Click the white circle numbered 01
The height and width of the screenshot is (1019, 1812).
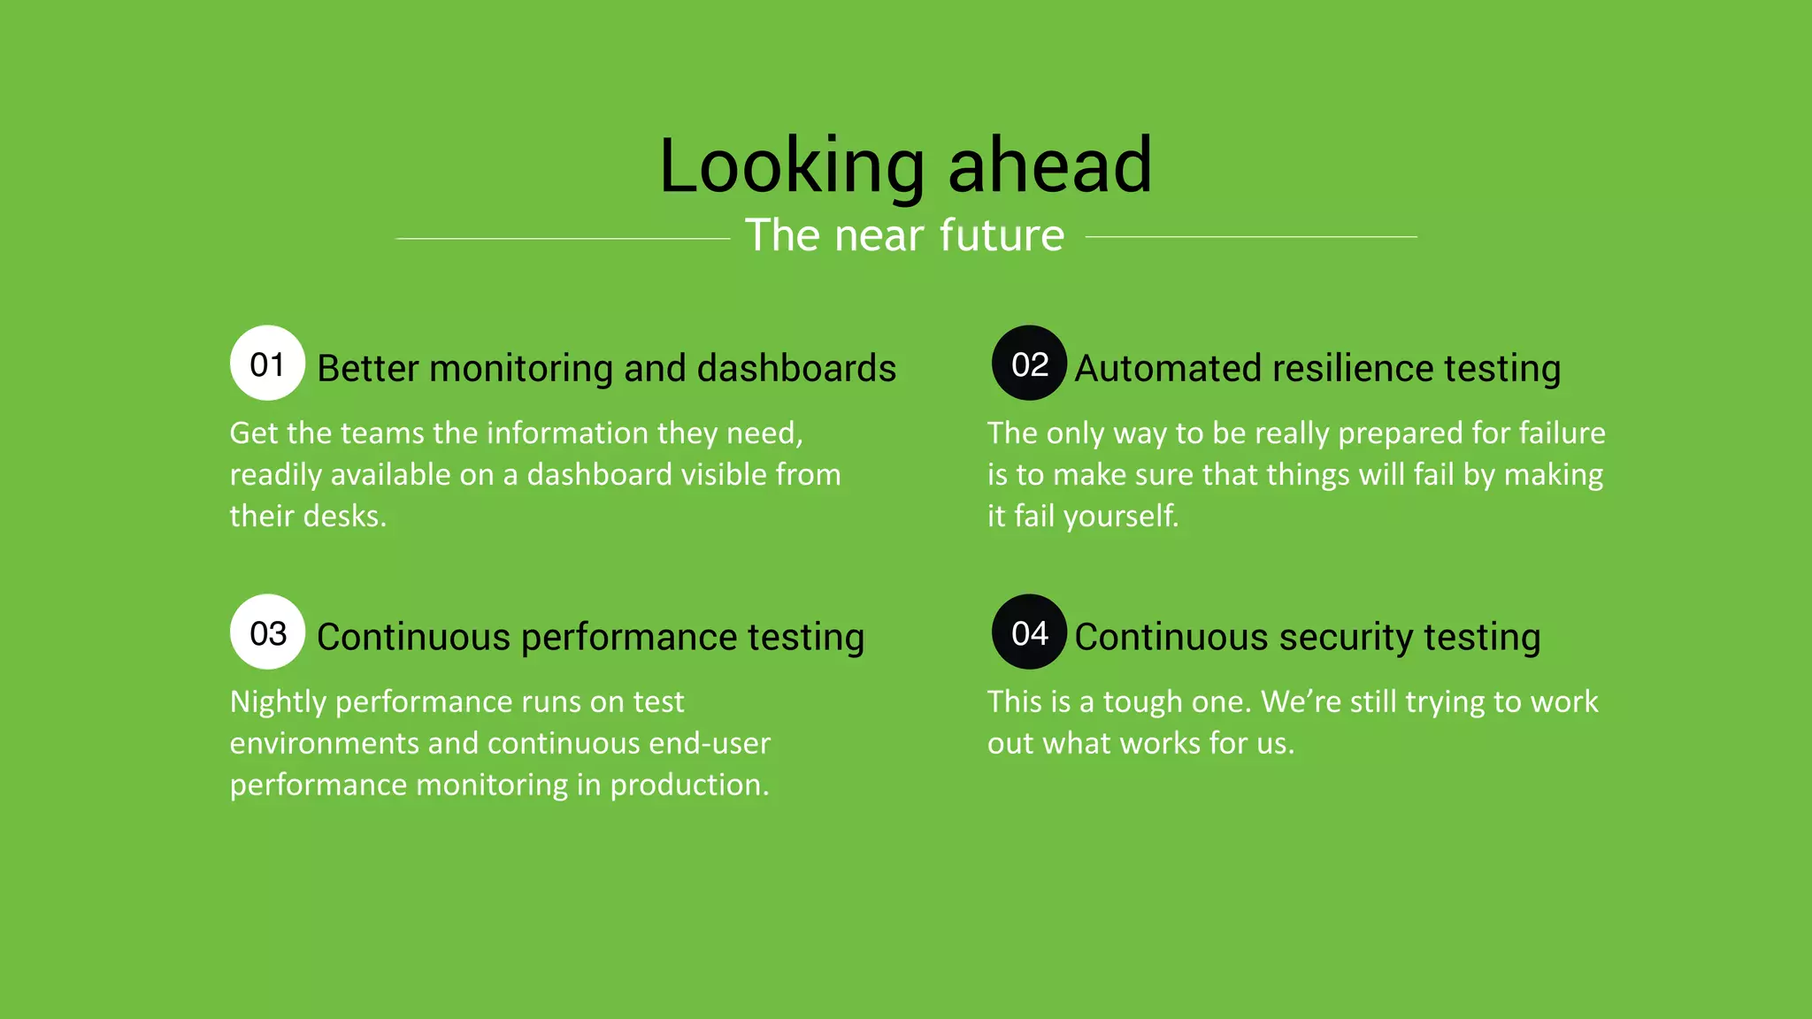(267, 364)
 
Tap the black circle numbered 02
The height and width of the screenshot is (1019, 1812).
(1029, 364)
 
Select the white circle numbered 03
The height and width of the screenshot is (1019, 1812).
(267, 632)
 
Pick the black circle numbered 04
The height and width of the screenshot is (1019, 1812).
(1029, 632)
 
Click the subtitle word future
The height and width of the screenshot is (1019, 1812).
(1002, 235)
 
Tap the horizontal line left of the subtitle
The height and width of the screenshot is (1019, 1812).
(563, 238)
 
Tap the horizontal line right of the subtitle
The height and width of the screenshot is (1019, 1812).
(1251, 237)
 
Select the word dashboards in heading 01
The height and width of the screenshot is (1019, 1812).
(796, 368)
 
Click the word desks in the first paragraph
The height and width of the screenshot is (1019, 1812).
(345, 516)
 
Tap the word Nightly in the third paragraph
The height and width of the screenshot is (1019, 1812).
(278, 701)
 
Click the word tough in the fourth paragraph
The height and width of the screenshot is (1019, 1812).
(1142, 701)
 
